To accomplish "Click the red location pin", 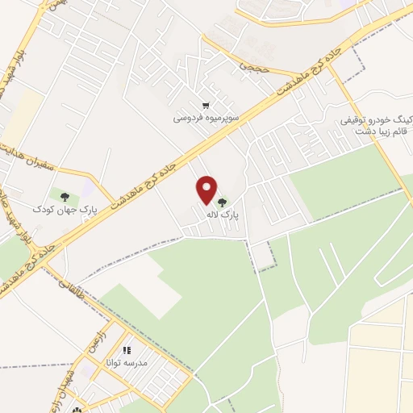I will [x=207, y=190].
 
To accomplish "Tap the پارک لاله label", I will [x=232, y=215].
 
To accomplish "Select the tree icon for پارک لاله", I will [x=222, y=200].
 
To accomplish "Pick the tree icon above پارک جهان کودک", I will [x=64, y=194].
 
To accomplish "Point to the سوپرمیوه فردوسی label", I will [x=205, y=118].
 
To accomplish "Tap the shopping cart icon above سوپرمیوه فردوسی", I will [x=206, y=105].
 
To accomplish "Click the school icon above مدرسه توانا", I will [x=127, y=351].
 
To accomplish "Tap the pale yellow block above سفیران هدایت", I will [x=23, y=112].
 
